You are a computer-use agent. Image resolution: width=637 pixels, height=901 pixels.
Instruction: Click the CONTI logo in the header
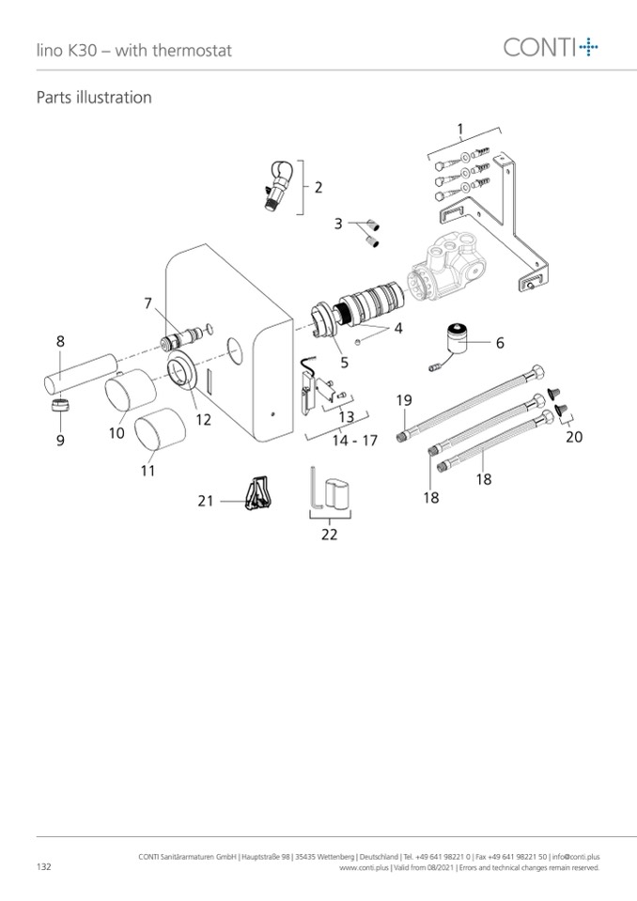coord(551,47)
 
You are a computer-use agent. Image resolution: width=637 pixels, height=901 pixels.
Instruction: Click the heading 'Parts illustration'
coord(94,97)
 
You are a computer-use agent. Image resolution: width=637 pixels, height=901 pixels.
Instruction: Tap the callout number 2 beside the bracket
coord(318,187)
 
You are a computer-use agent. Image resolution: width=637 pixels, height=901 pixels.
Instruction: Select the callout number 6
coord(500,343)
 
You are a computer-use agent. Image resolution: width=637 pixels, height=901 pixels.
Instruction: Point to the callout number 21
coord(206,501)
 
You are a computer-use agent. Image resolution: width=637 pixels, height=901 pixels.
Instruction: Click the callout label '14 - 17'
coord(355,441)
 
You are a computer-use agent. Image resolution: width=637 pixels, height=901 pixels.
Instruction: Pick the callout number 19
coord(404,400)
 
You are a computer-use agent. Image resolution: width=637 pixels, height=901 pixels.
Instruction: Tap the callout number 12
coord(203,419)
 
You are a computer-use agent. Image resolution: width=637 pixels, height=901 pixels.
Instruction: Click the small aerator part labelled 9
coord(60,405)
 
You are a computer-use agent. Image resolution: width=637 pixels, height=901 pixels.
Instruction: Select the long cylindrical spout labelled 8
coord(81,376)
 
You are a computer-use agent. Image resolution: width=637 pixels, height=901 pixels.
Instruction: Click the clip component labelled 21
coord(259,493)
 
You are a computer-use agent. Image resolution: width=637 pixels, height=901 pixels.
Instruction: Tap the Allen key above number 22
coord(315,488)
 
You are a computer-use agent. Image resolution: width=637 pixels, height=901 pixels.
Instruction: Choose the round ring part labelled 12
coord(182,368)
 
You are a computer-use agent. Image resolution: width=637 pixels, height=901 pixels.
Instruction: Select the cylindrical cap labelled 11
coord(161,428)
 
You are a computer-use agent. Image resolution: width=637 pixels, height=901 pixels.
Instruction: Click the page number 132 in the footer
coord(43,866)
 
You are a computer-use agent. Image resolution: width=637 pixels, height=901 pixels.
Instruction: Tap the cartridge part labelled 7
coord(181,337)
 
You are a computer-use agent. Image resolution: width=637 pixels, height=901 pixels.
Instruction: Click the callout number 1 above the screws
coord(460,129)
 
